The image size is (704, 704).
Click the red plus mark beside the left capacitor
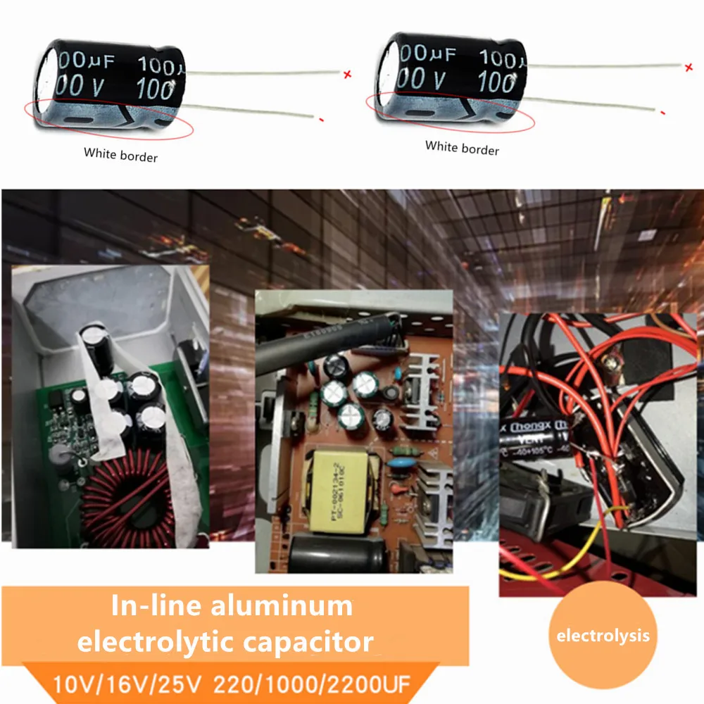pyautogui.click(x=346, y=74)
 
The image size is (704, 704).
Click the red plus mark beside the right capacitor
pyautogui.click(x=688, y=68)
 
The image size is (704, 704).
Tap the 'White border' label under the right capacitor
pyautogui.click(x=462, y=148)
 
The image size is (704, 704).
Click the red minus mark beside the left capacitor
pyautogui.click(x=320, y=120)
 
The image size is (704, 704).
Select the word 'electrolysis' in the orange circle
pyautogui.click(x=603, y=636)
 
